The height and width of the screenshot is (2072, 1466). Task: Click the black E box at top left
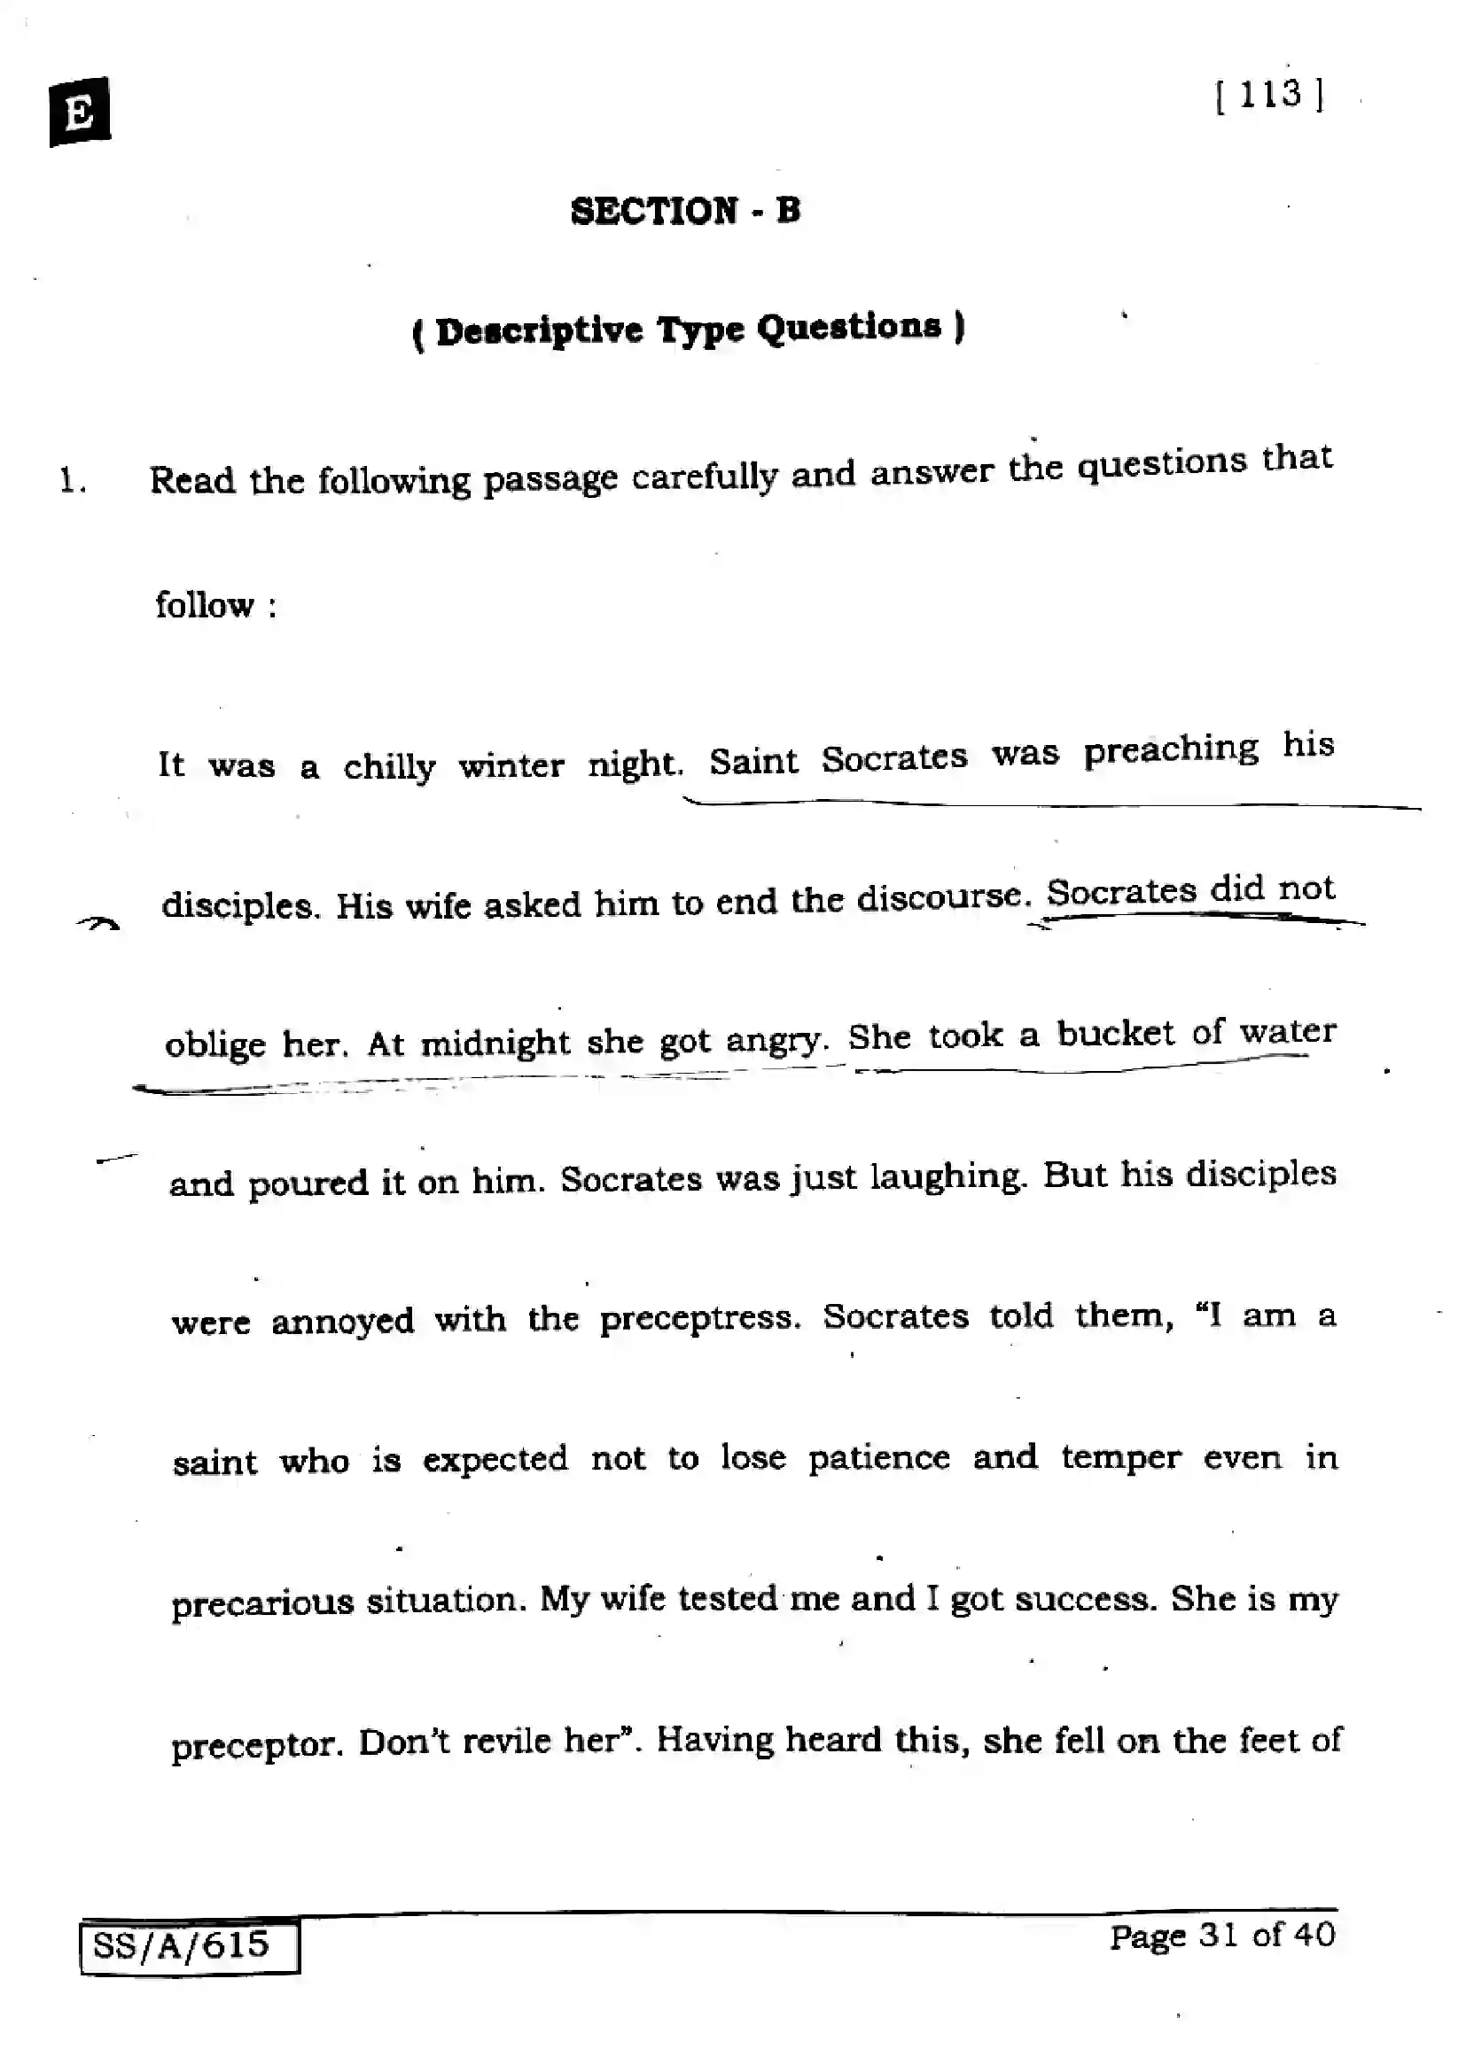pos(80,112)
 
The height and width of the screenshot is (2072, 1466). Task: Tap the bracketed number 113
pos(1269,95)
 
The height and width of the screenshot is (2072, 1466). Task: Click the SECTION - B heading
pos(685,211)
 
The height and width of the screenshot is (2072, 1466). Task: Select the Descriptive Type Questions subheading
pos(688,329)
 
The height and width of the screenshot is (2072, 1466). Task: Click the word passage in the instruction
pos(550,478)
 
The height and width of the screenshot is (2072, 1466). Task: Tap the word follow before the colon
pos(204,605)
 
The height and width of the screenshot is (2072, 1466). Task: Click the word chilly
pos(389,767)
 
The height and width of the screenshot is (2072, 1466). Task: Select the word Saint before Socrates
pos(752,761)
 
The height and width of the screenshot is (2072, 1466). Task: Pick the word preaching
pos(1170,751)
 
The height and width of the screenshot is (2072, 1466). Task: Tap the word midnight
pos(495,1044)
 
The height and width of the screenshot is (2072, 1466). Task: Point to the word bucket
pos(1116,1033)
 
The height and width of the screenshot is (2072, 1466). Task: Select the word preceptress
pos(700,1319)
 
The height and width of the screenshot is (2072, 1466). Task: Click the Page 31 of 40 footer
pos(1221,1935)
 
